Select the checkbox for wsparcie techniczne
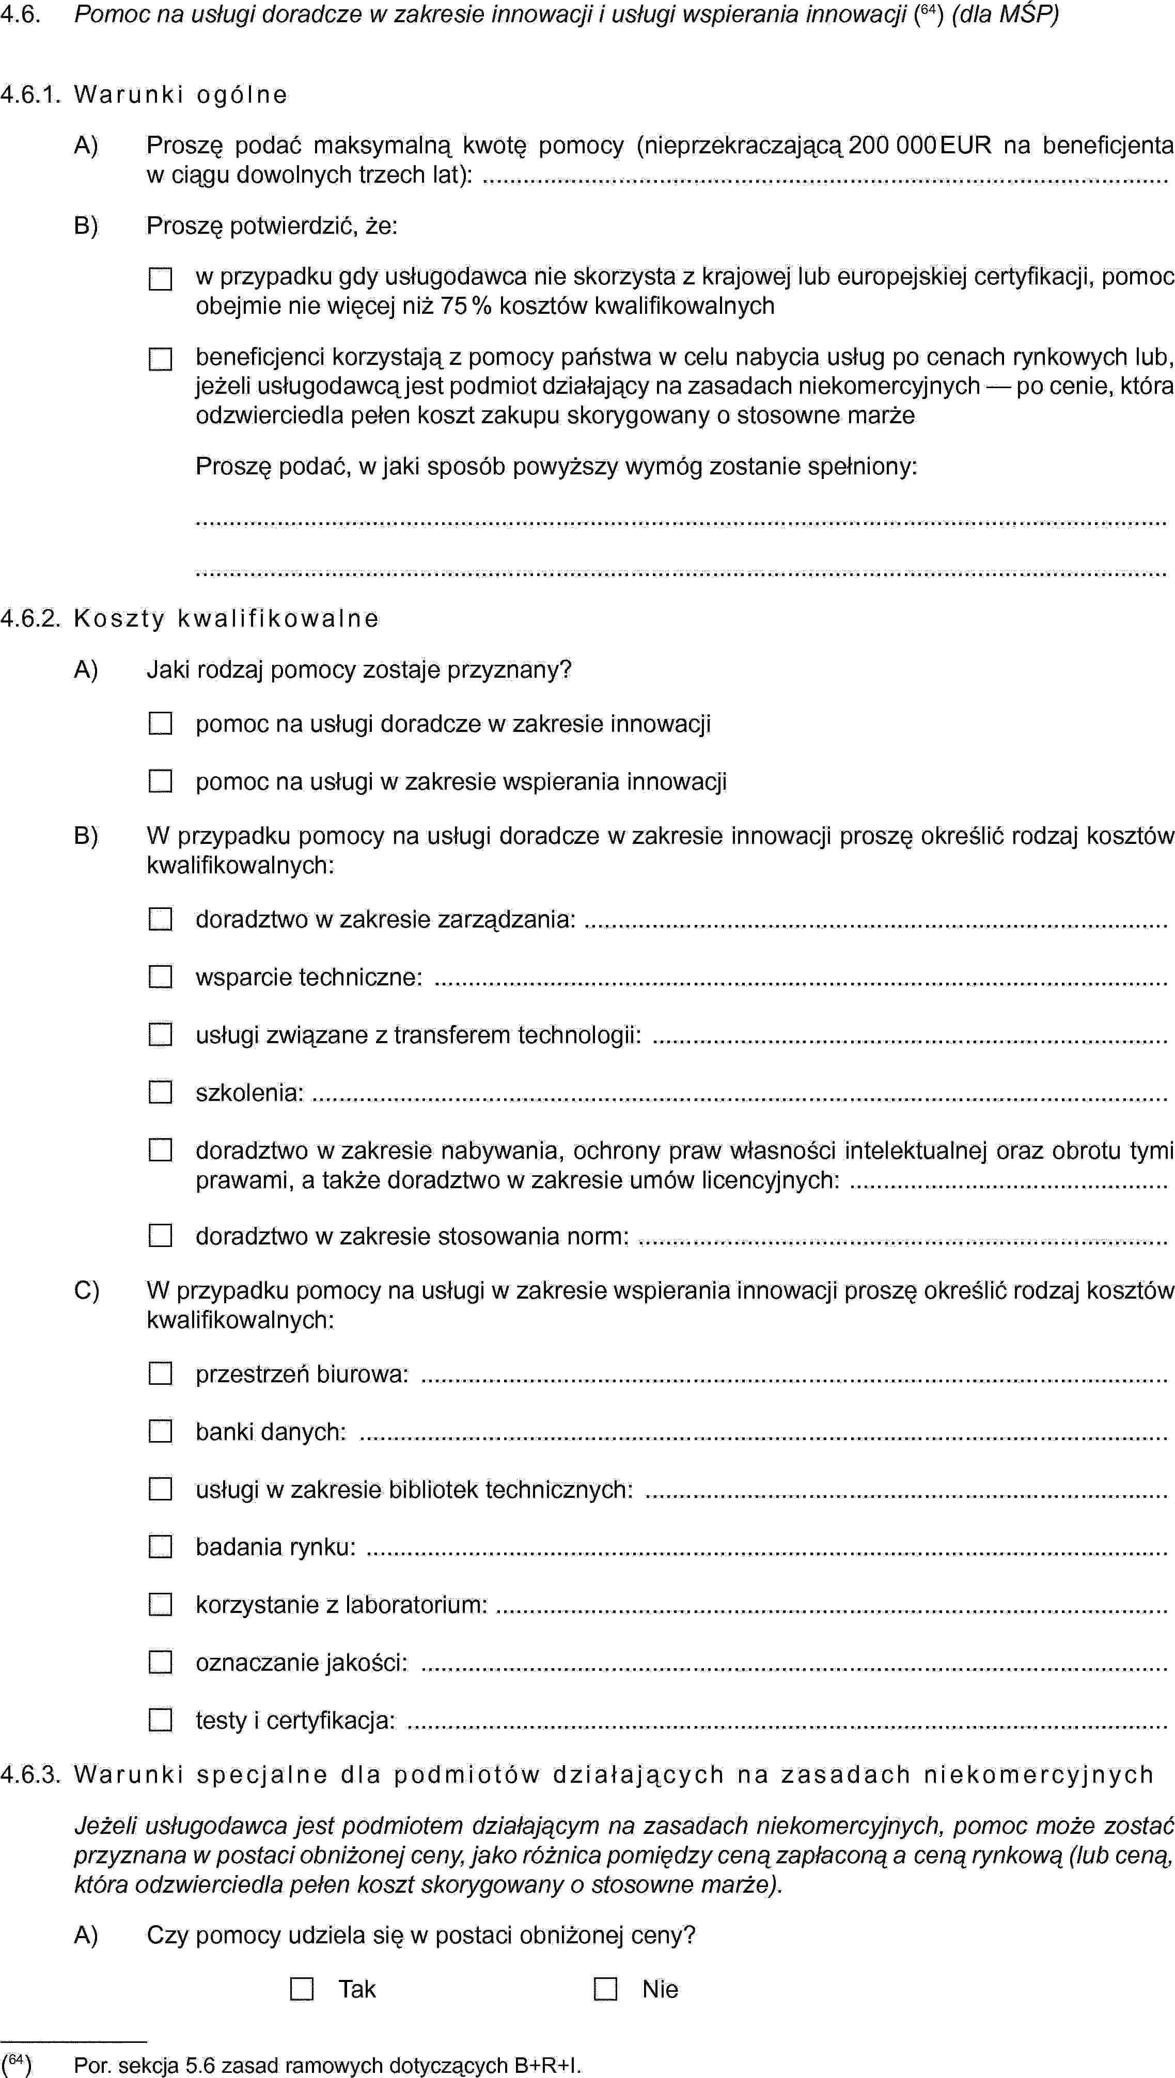coord(161,977)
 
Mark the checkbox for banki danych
coord(161,1432)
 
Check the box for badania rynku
coord(161,1547)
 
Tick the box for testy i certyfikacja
coord(161,1721)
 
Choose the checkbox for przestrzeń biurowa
coord(161,1374)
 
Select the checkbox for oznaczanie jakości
coord(161,1663)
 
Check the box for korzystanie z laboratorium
coord(161,1605)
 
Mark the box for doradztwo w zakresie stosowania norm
coord(161,1236)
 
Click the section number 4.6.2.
coord(30,619)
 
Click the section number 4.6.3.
coord(30,1775)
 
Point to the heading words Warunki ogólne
coord(180,95)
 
